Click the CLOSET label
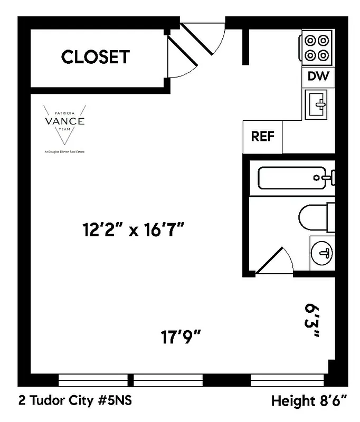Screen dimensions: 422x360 pos(95,57)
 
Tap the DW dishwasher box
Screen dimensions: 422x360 pos(318,76)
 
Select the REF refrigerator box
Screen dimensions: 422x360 pos(262,137)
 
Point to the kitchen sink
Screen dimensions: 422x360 pos(317,104)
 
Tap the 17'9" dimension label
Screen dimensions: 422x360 pos(181,335)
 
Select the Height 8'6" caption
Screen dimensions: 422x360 pos(309,401)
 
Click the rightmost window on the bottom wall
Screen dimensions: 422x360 pos(288,380)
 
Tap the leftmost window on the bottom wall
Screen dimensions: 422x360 pos(93,380)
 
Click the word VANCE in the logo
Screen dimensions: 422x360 pos(64,121)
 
